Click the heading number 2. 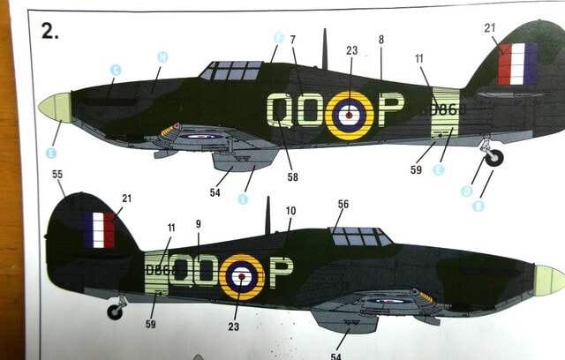pyautogui.click(x=49, y=32)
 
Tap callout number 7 pyautogui.click(x=292, y=40)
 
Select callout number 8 pyautogui.click(x=380, y=40)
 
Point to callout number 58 pyautogui.click(x=292, y=176)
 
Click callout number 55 pyautogui.click(x=57, y=176)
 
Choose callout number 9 pyautogui.click(x=199, y=224)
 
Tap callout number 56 pyautogui.click(x=343, y=204)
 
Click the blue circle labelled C pyautogui.click(x=115, y=70)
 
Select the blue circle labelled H pyautogui.click(x=162, y=56)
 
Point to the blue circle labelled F pyautogui.click(x=278, y=37)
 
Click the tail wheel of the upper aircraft pyautogui.click(x=494, y=158)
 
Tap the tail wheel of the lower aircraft pyautogui.click(x=115, y=311)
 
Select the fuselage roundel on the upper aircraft pyautogui.click(x=350, y=115)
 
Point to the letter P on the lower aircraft pyautogui.click(x=281, y=273)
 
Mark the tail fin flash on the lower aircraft pyautogui.click(x=99, y=229)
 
